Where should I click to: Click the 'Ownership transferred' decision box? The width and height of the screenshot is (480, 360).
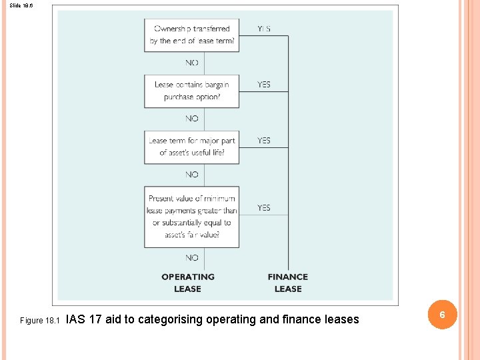191,35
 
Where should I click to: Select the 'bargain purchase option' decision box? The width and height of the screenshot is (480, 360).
191,91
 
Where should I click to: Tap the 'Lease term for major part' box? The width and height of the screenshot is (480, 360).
191,147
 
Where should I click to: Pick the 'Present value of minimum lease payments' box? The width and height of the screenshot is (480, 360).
191,217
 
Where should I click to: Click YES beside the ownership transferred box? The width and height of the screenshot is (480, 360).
264,29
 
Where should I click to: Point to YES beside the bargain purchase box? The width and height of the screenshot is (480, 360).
264,85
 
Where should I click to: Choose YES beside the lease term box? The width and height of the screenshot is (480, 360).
264,141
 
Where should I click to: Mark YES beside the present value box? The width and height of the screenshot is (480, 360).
264,208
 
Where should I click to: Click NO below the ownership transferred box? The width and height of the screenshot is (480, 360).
192,63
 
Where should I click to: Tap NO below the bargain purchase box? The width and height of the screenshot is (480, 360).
192,119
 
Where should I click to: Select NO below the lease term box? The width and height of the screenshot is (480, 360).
192,175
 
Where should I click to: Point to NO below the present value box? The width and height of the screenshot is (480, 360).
192,258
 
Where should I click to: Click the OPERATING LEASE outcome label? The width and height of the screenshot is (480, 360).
188,283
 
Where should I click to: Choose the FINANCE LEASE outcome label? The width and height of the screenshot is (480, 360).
288,283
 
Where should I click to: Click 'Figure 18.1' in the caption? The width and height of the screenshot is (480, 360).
40,321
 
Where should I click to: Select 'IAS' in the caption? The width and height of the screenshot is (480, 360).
76,319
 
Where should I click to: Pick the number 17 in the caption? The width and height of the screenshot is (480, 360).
95,319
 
